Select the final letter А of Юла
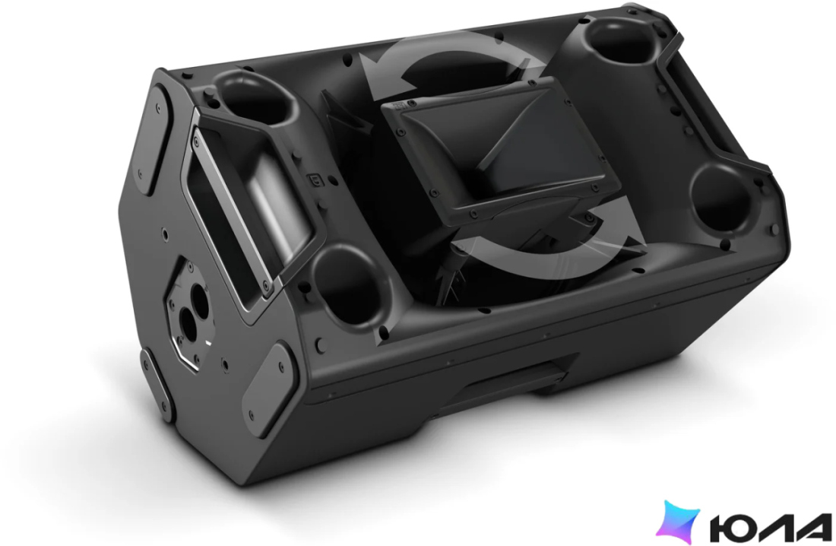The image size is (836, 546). [812, 526]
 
